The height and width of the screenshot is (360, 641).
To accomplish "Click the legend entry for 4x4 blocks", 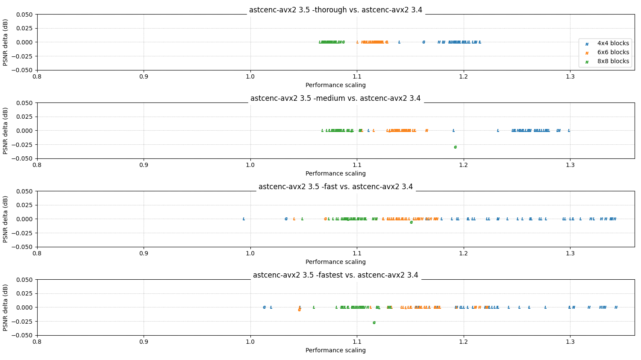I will (613, 44).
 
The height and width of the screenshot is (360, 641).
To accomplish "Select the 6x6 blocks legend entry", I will (613, 53).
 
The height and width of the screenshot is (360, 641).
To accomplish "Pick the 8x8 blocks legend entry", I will (613, 61).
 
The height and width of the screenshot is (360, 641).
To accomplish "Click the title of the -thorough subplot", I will (335, 10).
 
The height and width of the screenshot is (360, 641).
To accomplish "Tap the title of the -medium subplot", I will (335, 99).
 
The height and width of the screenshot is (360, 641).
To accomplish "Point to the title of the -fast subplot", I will (335, 187).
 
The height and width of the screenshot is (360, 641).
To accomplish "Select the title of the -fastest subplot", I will (335, 275).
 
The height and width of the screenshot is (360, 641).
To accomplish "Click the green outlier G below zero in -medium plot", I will (455, 147).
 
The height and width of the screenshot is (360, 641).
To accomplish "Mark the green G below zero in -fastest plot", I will (374, 323).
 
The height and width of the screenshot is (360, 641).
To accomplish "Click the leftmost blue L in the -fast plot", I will (244, 219).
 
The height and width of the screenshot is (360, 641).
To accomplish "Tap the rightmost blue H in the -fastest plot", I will (616, 307).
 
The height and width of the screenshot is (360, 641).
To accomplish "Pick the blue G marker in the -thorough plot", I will (423, 42).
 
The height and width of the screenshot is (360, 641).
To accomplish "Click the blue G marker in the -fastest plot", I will (264, 307).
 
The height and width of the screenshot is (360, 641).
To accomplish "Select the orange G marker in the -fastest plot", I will (299, 310).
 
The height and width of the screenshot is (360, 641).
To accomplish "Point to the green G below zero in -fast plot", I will (411, 222).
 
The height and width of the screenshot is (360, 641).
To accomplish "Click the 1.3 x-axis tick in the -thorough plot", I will (570, 77).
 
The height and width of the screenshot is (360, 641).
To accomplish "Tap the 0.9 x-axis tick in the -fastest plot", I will (144, 342).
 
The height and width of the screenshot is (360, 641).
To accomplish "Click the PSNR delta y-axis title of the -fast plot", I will (6, 219).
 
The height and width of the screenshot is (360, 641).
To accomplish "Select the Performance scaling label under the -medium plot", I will (335, 174).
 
